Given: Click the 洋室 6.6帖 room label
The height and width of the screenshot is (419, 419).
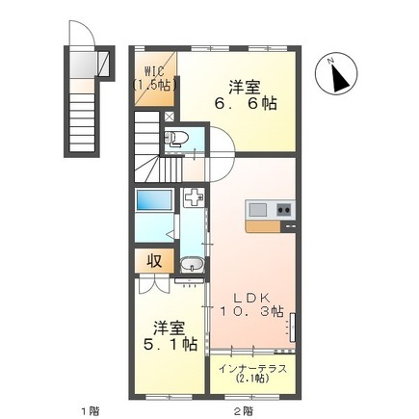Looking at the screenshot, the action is tap(246, 95).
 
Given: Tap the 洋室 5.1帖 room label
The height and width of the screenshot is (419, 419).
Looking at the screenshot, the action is tap(170, 335).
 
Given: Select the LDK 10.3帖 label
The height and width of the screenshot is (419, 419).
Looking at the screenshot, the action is tap(251, 304).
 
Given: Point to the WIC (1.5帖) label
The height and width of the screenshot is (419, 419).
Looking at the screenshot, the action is tap(155, 77).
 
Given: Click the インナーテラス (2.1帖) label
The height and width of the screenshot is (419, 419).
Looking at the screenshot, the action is tap(252, 374).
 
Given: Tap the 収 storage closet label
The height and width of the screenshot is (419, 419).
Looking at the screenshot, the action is tap(154, 261).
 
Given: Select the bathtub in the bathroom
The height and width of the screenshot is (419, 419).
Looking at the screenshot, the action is tap(154, 200).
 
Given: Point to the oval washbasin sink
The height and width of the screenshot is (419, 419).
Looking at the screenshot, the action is tap(192, 265).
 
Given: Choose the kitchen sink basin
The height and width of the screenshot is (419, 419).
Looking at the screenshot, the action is tap(258, 210).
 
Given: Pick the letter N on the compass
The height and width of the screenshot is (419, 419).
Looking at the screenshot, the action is tap(329, 60).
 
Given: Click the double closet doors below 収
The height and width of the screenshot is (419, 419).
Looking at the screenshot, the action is tap(154, 284).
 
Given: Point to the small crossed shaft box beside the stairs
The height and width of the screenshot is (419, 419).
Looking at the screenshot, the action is tap(169, 116).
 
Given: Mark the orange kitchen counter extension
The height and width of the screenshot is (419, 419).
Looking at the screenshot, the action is tap(263, 226).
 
